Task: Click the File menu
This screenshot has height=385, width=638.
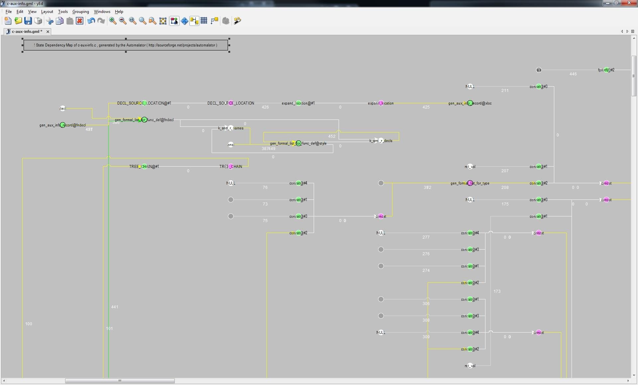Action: pos(9,12)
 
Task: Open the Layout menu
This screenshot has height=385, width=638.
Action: pos(47,12)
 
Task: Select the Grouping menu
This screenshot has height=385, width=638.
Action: pos(80,12)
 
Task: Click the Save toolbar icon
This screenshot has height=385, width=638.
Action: pos(28,21)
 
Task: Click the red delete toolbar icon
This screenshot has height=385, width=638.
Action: pos(79,21)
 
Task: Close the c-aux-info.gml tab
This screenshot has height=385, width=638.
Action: pos(48,32)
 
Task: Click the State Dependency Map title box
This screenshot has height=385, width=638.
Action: pos(126,45)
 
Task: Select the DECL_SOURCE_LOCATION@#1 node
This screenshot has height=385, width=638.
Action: pos(144,103)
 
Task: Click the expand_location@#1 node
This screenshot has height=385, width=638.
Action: pos(298,103)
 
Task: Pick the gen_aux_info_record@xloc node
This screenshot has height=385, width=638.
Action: pos(470,103)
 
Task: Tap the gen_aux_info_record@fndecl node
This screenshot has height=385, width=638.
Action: pos(62,125)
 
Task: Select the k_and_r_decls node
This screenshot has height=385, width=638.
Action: pos(381,141)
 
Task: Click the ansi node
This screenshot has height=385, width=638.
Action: pos(231,145)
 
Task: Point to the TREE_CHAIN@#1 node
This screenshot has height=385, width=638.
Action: pos(144,167)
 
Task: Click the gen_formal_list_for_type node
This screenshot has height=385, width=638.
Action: pos(470,183)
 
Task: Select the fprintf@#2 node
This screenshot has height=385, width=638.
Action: pos(606,70)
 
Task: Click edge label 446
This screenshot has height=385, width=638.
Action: pos(573,74)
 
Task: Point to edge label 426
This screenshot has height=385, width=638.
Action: pos(265,107)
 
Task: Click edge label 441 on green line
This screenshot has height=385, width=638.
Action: pos(115,307)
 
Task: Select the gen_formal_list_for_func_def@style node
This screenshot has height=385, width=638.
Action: pos(298,143)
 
